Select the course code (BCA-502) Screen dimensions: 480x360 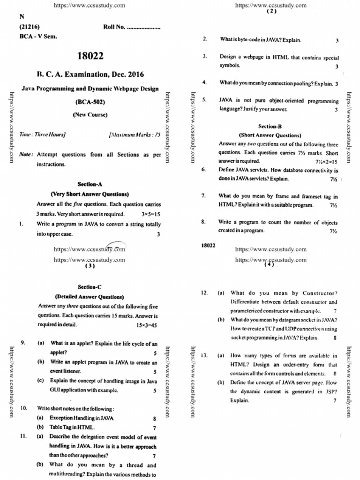[90, 101]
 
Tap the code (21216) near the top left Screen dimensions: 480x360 [29, 27]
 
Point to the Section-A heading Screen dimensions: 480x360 [90, 184]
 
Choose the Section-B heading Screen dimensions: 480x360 [270, 127]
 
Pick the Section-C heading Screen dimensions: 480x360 [90, 287]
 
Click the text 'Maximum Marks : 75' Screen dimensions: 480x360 [135, 135]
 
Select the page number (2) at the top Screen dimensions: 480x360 [271, 12]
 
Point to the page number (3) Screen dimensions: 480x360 [90, 266]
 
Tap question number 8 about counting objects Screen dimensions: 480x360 [204, 222]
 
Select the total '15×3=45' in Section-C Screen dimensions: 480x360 [147, 324]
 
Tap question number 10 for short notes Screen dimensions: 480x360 [23, 408]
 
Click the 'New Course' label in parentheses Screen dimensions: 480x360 [90, 114]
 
